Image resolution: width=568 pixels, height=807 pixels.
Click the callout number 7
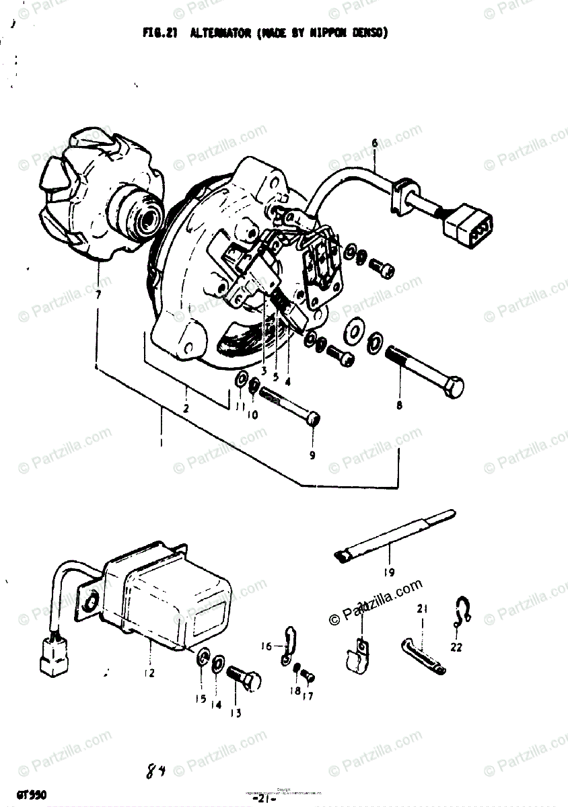[x=98, y=295]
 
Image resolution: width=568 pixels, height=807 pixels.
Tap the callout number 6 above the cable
[x=375, y=143]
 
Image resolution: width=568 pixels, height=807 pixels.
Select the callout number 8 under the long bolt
[x=399, y=406]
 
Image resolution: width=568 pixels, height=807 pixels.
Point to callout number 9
[x=312, y=455]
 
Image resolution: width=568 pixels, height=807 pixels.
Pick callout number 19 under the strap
[x=390, y=573]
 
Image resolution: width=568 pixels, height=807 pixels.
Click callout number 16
[x=267, y=646]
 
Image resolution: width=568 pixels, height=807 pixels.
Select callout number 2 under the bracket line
[x=186, y=408]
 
